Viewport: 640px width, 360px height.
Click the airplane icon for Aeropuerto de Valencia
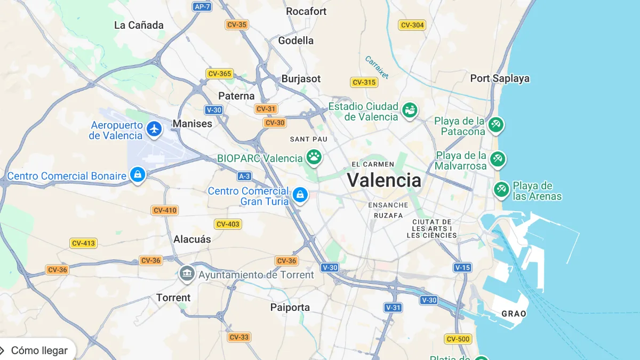click(154, 129)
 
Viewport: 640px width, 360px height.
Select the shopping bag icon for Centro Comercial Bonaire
click(138, 174)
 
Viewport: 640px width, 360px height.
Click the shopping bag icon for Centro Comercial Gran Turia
click(300, 195)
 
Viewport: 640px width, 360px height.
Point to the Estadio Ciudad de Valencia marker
click(410, 110)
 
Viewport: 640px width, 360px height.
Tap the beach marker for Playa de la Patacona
click(496, 125)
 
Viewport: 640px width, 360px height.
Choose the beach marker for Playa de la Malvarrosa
click(498, 159)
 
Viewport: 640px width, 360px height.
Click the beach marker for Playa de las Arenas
click(501, 189)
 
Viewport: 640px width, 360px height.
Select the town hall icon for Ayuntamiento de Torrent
click(187, 274)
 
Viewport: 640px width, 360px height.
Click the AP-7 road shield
click(202, 6)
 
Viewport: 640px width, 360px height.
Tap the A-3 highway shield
click(244, 176)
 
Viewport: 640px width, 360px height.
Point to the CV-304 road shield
click(412, 25)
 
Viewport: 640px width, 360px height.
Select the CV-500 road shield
click(458, 339)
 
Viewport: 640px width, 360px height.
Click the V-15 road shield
click(462, 267)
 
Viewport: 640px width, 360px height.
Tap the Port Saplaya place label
click(500, 78)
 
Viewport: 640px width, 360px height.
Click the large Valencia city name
click(384, 180)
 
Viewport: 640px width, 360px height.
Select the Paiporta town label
click(290, 308)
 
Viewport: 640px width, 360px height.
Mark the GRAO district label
click(514, 314)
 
